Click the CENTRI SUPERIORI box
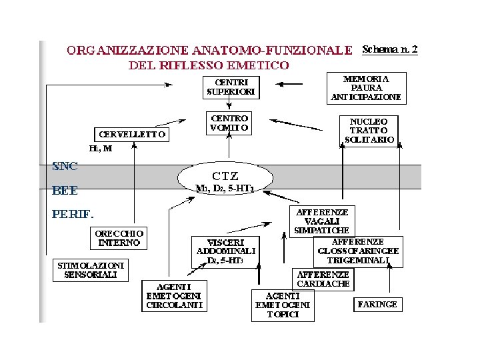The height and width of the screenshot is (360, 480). [x=229, y=86]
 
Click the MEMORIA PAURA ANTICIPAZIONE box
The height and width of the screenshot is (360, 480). [x=366, y=87]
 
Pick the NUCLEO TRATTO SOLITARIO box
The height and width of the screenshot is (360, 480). [x=369, y=130]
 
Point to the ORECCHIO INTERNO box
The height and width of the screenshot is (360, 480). [x=119, y=238]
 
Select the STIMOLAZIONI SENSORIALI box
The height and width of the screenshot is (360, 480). [x=90, y=269]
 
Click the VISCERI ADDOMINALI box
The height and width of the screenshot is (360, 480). [x=224, y=252]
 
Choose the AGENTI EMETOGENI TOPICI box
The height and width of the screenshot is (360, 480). [x=282, y=305]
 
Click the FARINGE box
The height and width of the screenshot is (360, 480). [x=377, y=304]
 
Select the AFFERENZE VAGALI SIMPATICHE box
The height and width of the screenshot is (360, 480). [x=321, y=220]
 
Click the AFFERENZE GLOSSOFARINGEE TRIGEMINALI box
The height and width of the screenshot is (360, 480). [x=358, y=251]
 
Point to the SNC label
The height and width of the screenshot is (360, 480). [x=65, y=166]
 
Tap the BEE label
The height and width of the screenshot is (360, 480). [x=65, y=191]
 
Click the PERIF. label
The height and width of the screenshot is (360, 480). [x=73, y=215]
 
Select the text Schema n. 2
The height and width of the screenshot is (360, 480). [x=389, y=50]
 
